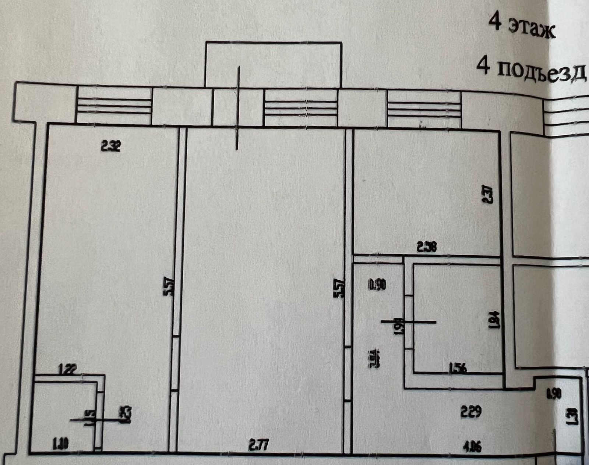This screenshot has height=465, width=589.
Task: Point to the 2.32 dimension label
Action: tap(111, 147)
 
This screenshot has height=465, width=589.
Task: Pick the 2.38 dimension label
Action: tap(427, 247)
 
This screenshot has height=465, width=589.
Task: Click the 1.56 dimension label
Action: tap(458, 368)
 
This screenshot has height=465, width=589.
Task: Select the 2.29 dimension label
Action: tap(471, 412)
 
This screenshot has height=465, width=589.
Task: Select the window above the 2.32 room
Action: tap(113, 106)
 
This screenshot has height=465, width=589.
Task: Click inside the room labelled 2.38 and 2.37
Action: tap(423, 191)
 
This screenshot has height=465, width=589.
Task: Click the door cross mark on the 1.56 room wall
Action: tap(409, 322)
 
